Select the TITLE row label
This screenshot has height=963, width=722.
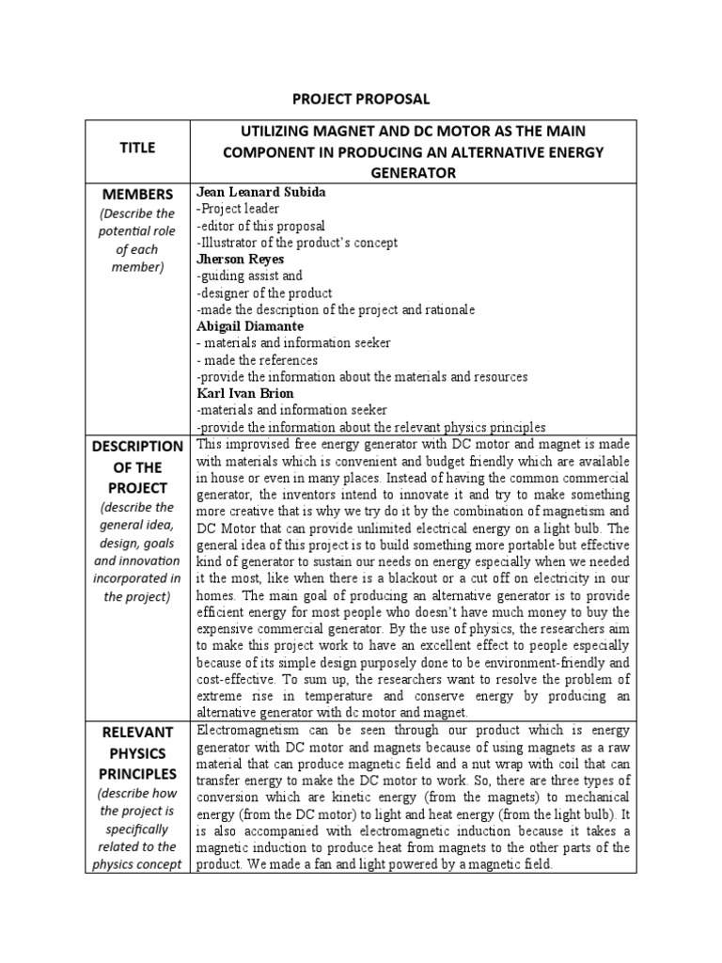point(137,148)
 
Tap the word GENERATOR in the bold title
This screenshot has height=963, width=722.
point(413,172)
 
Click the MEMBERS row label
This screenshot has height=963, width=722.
point(137,194)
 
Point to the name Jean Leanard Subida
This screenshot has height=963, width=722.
point(260,192)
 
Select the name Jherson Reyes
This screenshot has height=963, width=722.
point(240,259)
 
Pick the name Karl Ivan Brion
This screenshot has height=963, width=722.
point(244,393)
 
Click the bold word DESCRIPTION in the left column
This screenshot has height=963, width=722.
point(137,446)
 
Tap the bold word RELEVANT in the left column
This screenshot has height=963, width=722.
point(137,733)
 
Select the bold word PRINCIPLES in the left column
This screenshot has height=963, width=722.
point(137,774)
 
